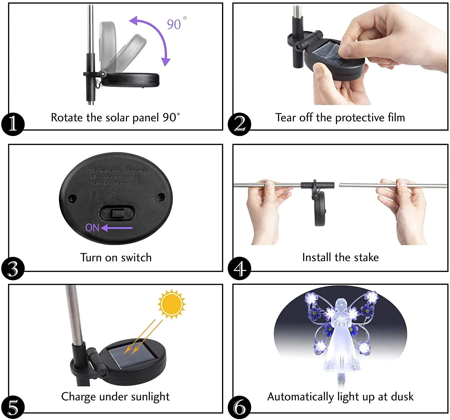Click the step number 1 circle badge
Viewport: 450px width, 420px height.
[13, 124]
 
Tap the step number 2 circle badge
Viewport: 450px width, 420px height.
[239, 124]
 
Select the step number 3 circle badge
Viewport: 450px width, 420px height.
[13, 268]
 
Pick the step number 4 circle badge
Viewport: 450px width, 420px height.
[239, 268]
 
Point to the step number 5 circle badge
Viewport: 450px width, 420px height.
[13, 407]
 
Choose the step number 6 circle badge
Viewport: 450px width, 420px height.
[239, 407]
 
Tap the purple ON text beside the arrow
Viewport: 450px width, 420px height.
[92, 228]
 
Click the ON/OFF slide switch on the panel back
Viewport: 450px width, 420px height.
[117, 214]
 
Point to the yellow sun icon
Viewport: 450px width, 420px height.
[171, 304]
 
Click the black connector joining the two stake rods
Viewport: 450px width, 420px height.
[317, 185]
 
